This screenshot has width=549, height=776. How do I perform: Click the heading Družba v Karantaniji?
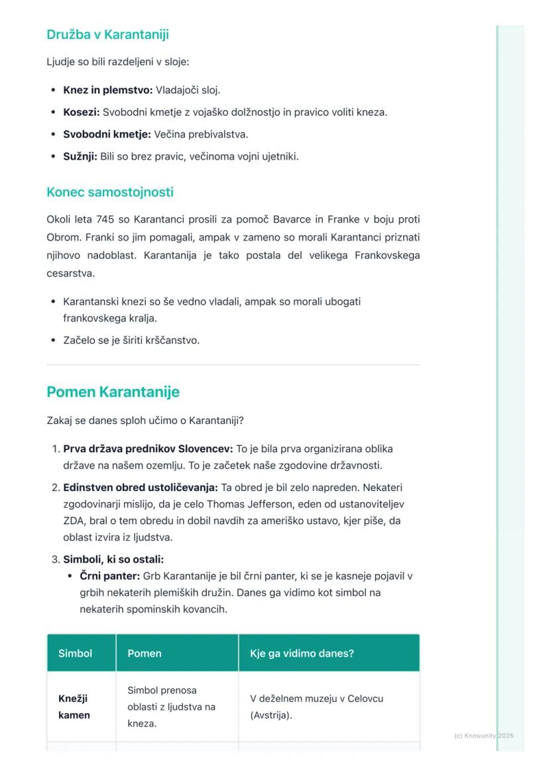tap(107, 34)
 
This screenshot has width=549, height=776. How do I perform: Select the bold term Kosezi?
tap(81, 112)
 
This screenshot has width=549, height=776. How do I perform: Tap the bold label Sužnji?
tap(80, 157)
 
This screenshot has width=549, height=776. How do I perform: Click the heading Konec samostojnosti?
tap(110, 192)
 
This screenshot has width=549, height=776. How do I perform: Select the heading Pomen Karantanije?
tap(113, 392)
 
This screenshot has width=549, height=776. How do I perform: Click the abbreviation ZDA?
tap(72, 521)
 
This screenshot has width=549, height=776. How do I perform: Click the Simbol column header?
tap(75, 653)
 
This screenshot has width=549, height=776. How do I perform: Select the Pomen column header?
tap(145, 653)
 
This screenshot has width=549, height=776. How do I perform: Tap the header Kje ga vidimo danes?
tap(302, 653)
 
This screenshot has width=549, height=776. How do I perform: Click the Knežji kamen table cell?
tap(74, 707)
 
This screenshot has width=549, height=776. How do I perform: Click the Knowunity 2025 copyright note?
tap(483, 736)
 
